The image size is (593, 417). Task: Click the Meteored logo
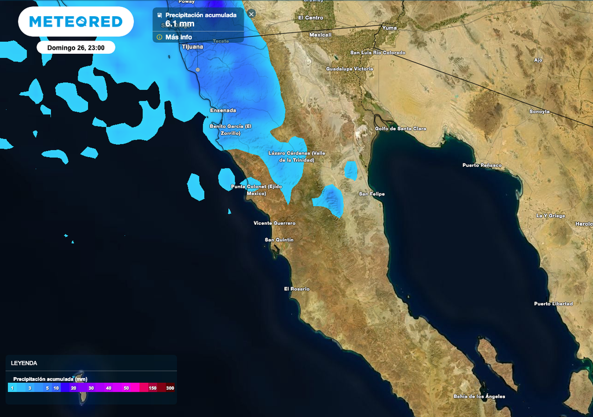pyautogui.click(x=76, y=22)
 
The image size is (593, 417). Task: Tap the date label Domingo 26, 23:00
pyautogui.click(x=76, y=47)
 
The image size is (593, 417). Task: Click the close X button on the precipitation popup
pyautogui.click(x=251, y=14)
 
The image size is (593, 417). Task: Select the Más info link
pyautogui.click(x=178, y=37)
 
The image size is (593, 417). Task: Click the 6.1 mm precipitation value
pyautogui.click(x=180, y=24)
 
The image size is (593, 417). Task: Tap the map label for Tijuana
pyautogui.click(x=192, y=46)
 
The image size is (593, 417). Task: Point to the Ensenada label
pyautogui.click(x=223, y=110)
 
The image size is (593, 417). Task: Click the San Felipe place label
pyautogui.click(x=372, y=194)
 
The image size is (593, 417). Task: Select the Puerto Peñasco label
pyautogui.click(x=482, y=165)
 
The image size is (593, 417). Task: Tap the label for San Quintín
pyautogui.click(x=279, y=240)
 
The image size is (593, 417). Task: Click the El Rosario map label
pyautogui.click(x=296, y=288)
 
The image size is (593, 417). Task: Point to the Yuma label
pyautogui.click(x=390, y=27)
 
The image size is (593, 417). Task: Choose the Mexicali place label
pyautogui.click(x=320, y=35)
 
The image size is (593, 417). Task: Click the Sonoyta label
pyautogui.click(x=540, y=111)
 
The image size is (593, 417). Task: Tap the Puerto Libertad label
pyautogui.click(x=553, y=303)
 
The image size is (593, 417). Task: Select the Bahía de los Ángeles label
pyautogui.click(x=479, y=396)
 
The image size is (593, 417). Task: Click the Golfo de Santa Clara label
pyautogui.click(x=400, y=128)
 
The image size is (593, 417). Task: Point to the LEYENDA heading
pyautogui.click(x=24, y=363)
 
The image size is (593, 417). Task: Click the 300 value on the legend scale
pyautogui.click(x=169, y=388)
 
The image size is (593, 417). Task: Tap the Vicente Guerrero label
pyautogui.click(x=274, y=223)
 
